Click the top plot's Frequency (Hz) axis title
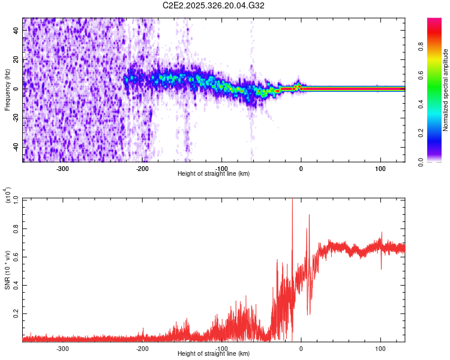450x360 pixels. point(7,89)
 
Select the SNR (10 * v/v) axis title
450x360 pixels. point(7,269)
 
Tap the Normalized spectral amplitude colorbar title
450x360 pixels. point(445,89)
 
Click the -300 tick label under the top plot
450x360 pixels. point(63,169)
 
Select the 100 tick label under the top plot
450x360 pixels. point(380,169)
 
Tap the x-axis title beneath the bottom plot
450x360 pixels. point(214,354)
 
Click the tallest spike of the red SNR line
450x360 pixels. point(292,200)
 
